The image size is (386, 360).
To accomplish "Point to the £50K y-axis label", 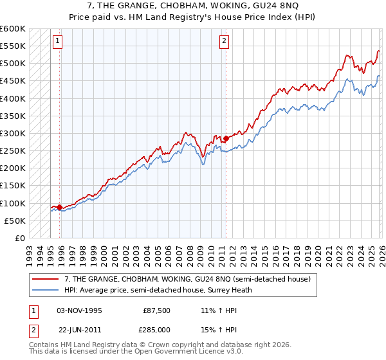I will click(x=15, y=221).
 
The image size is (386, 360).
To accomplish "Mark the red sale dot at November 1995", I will click(x=59, y=207).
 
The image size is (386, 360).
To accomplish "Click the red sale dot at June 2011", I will click(x=226, y=138).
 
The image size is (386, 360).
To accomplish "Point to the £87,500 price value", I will click(x=157, y=310).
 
